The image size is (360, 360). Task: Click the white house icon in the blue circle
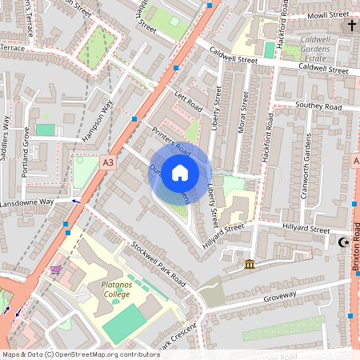click(x=180, y=172)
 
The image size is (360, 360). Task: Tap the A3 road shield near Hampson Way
click(x=108, y=162)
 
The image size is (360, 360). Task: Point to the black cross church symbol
click(x=351, y=26)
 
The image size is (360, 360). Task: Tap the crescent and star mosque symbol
click(x=346, y=242)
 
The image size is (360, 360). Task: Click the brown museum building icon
click(x=250, y=264)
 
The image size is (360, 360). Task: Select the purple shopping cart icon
click(x=56, y=270)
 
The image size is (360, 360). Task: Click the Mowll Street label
click(x=328, y=14)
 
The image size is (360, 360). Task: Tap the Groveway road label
click(x=279, y=301)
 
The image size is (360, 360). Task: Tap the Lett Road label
click(x=189, y=102)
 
